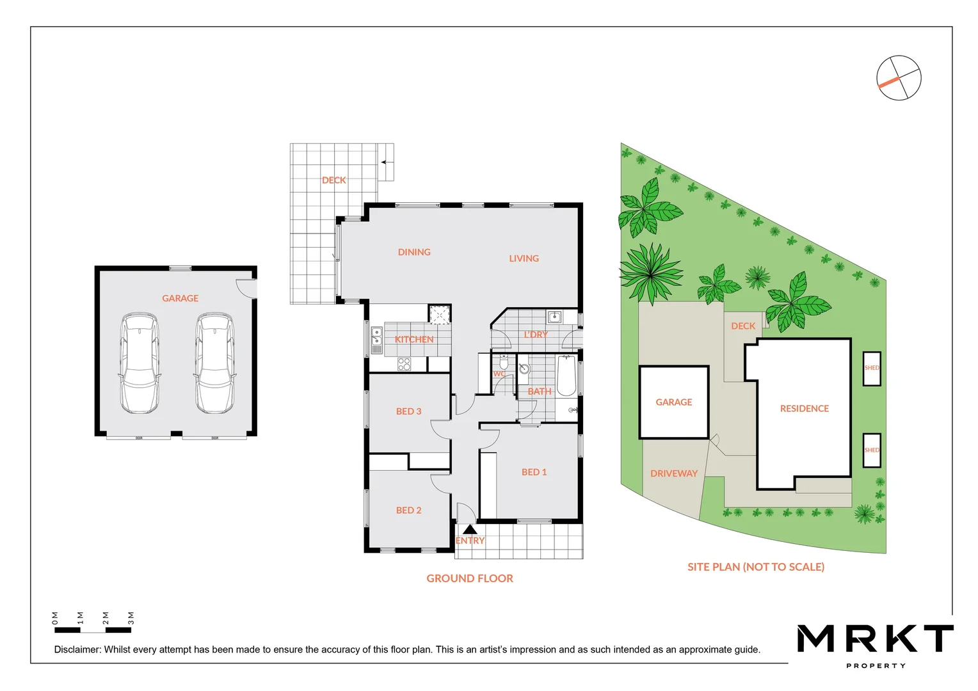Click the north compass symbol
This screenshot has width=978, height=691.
[899, 78]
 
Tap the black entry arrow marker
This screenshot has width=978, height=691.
[470, 529]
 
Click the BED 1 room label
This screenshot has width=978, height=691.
[534, 472]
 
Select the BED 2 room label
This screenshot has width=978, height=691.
[408, 510]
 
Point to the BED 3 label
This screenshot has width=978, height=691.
[408, 411]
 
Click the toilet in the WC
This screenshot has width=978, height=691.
[504, 363]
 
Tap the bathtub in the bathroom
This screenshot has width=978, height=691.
[566, 376]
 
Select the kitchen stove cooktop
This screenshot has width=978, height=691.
[404, 364]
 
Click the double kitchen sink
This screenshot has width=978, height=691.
[377, 340]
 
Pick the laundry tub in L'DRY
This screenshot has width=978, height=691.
[554, 317]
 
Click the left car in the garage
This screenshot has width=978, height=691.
[140, 363]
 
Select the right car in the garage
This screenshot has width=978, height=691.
[214, 363]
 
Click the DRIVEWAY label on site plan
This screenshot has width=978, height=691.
[673, 473]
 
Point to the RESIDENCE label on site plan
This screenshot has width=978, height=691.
[804, 408]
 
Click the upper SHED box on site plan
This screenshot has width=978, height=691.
[871, 369]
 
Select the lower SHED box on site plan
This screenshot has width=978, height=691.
[871, 450]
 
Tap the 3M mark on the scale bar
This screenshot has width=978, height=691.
[131, 618]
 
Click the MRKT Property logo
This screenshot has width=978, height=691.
[875, 643]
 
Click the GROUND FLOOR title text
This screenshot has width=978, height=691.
[470, 578]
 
